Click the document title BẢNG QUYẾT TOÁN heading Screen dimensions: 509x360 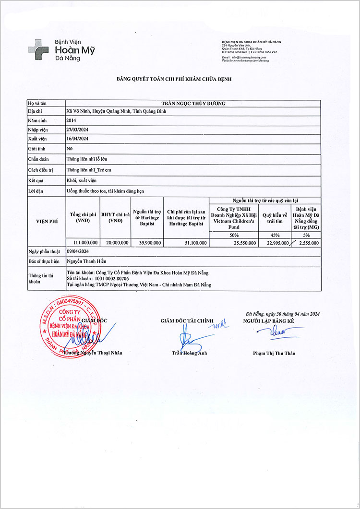(x=174, y=78)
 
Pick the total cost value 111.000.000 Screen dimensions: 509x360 (x=84, y=243)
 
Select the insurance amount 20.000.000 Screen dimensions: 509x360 (x=115, y=243)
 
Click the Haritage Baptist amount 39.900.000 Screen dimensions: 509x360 (x=147, y=243)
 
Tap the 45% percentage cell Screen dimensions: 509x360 (x=275, y=235)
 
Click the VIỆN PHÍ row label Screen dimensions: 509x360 (x=46, y=221)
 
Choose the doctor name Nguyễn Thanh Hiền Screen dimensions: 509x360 (x=86, y=261)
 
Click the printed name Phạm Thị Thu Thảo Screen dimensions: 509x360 (x=274, y=354)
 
